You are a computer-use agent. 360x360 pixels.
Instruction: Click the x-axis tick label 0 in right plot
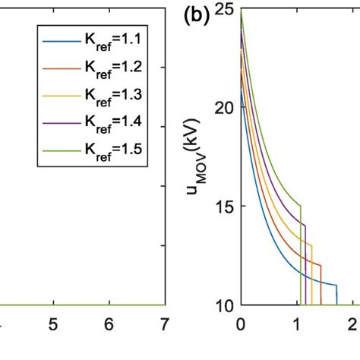[x=241, y=323]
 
